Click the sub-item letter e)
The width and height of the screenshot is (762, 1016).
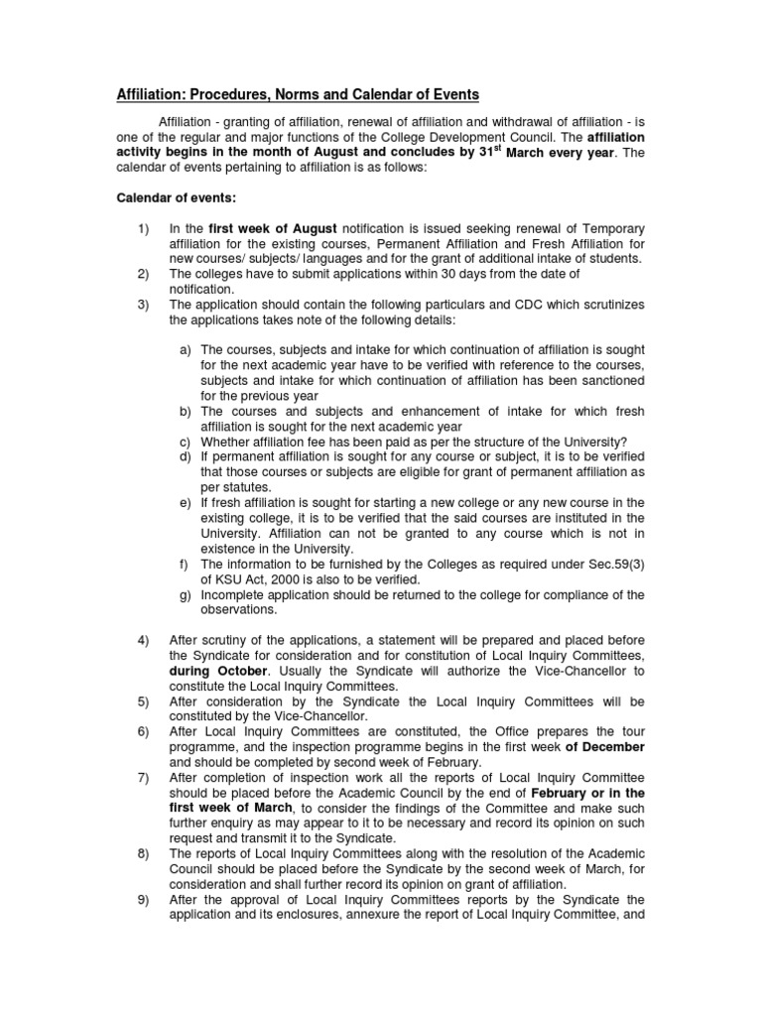(185, 502)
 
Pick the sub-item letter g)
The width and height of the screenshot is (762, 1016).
(185, 594)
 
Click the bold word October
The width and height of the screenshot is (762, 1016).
(238, 671)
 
